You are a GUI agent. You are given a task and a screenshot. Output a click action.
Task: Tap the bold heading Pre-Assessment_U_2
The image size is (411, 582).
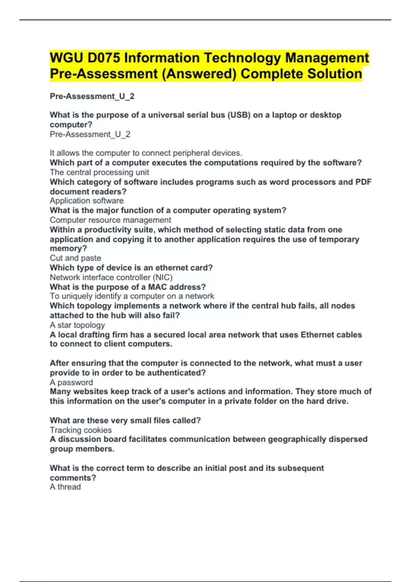tap(92, 97)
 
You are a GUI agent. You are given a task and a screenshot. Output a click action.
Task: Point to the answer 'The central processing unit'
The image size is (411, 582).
tap(99, 172)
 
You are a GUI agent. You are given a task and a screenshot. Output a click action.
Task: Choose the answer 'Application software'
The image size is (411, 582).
tap(87, 201)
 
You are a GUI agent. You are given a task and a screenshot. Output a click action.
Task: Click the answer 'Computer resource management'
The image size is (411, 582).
tap(110, 220)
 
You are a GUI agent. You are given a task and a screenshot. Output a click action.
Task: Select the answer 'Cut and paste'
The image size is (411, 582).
tap(75, 258)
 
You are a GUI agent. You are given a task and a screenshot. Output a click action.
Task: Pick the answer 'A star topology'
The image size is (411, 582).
tap(77, 325)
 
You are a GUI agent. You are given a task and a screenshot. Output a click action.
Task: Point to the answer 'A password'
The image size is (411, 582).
tap(71, 382)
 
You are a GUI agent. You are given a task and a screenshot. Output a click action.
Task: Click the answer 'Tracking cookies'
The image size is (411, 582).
tap(81, 430)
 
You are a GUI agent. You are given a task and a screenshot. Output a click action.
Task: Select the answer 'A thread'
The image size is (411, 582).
tap(65, 487)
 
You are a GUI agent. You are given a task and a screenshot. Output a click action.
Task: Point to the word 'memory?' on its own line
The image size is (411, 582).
tap(68, 249)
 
